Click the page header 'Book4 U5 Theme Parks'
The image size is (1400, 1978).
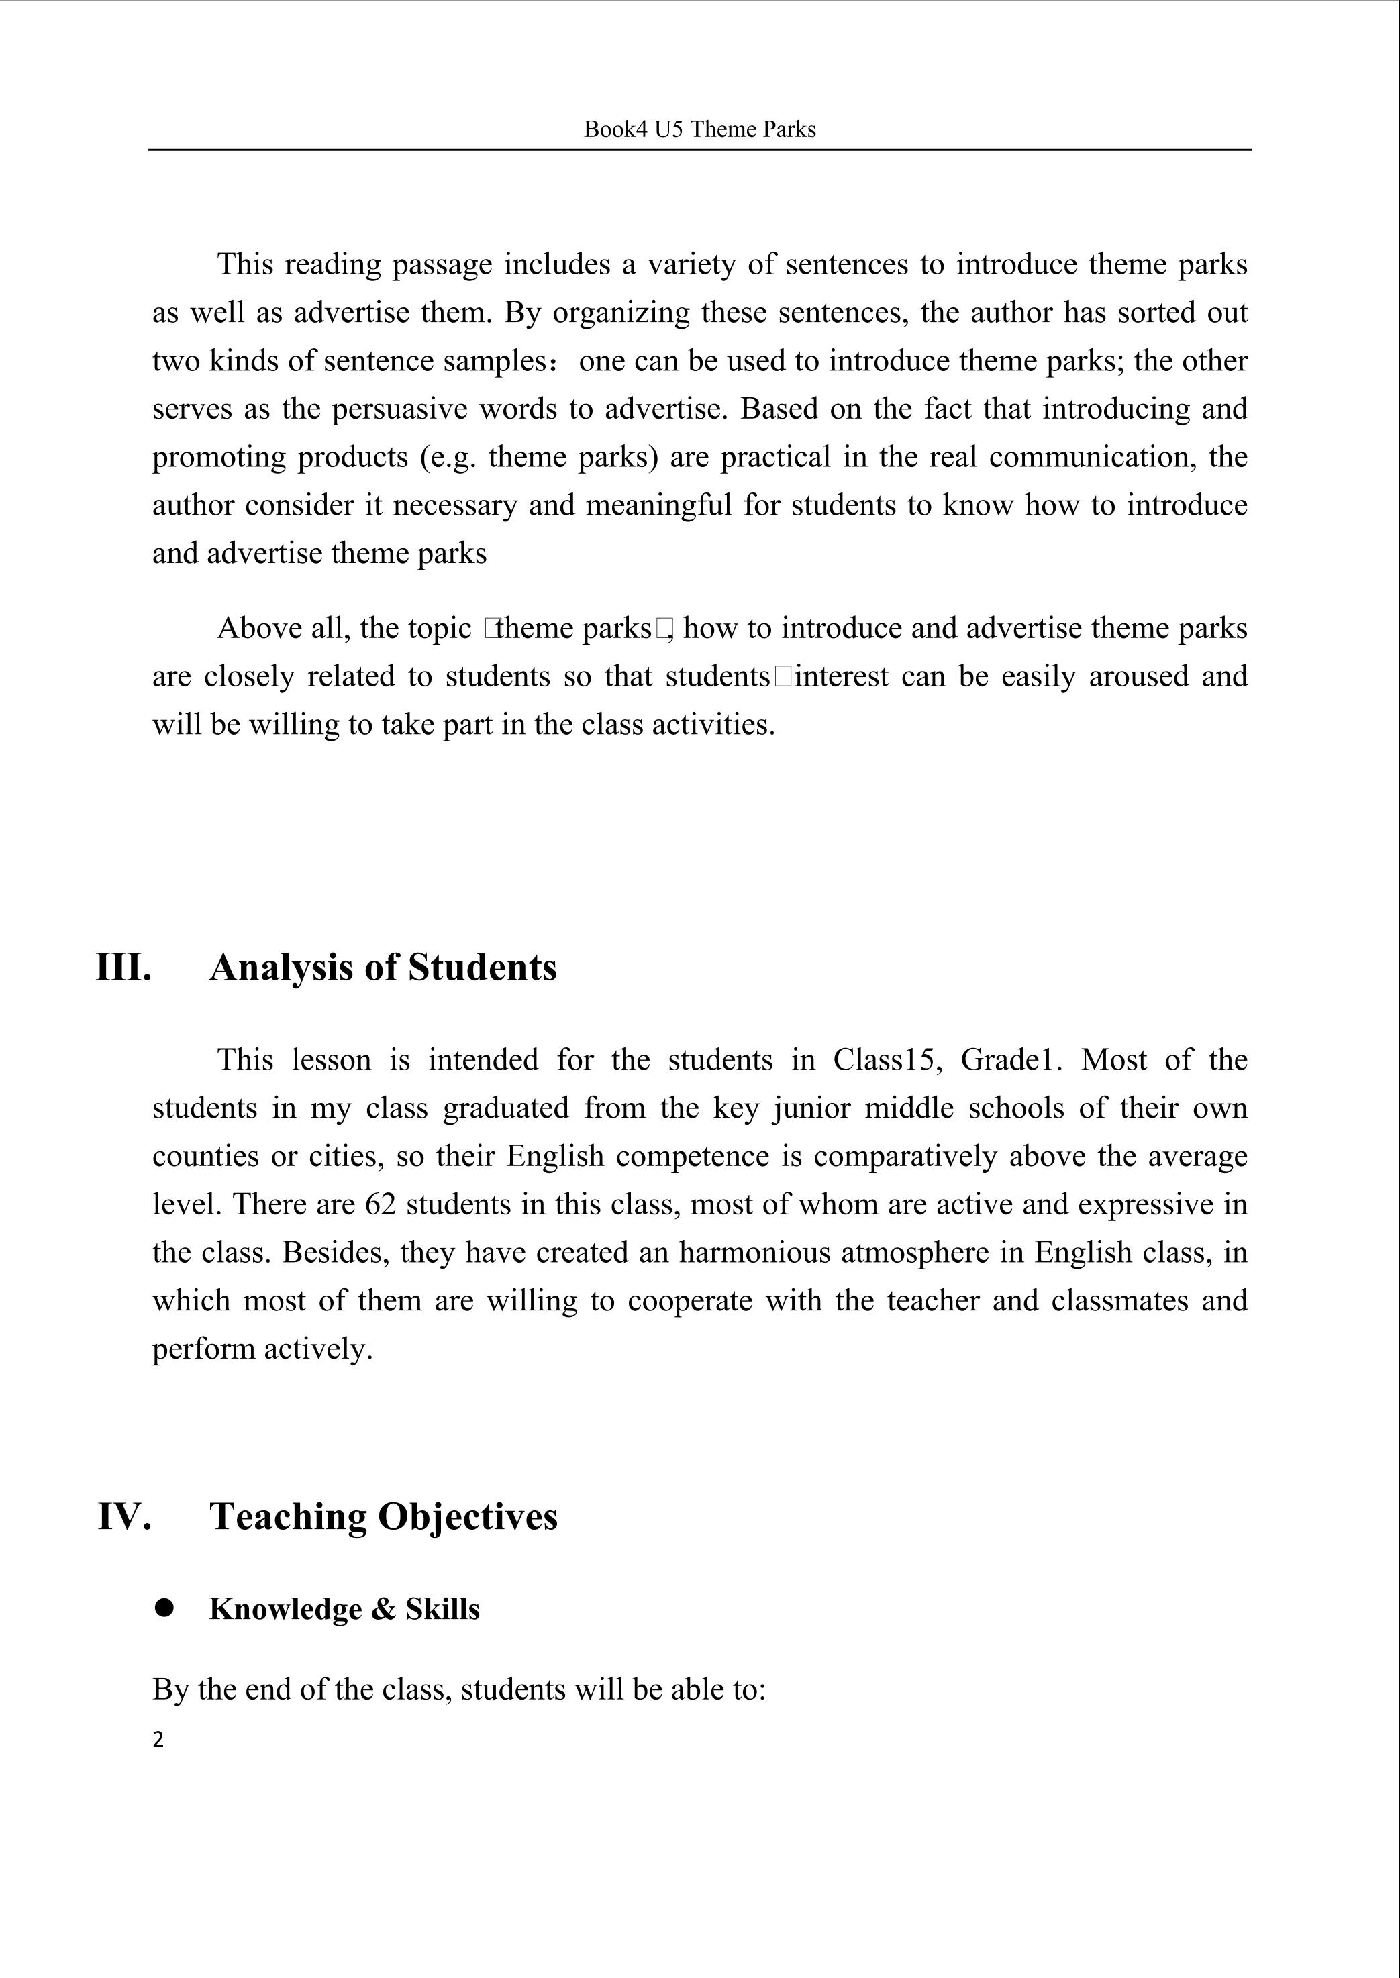(x=699, y=129)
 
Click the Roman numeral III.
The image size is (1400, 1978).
(x=123, y=967)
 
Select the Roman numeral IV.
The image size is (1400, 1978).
(x=125, y=1516)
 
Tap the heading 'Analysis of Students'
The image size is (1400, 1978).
(x=383, y=967)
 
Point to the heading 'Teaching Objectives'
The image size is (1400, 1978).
(x=384, y=1516)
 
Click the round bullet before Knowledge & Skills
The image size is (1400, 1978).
(x=164, y=1608)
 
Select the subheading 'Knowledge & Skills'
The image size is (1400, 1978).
(x=344, y=1609)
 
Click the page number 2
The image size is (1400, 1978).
(x=158, y=1739)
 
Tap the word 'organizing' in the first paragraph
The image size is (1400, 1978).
(x=621, y=312)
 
